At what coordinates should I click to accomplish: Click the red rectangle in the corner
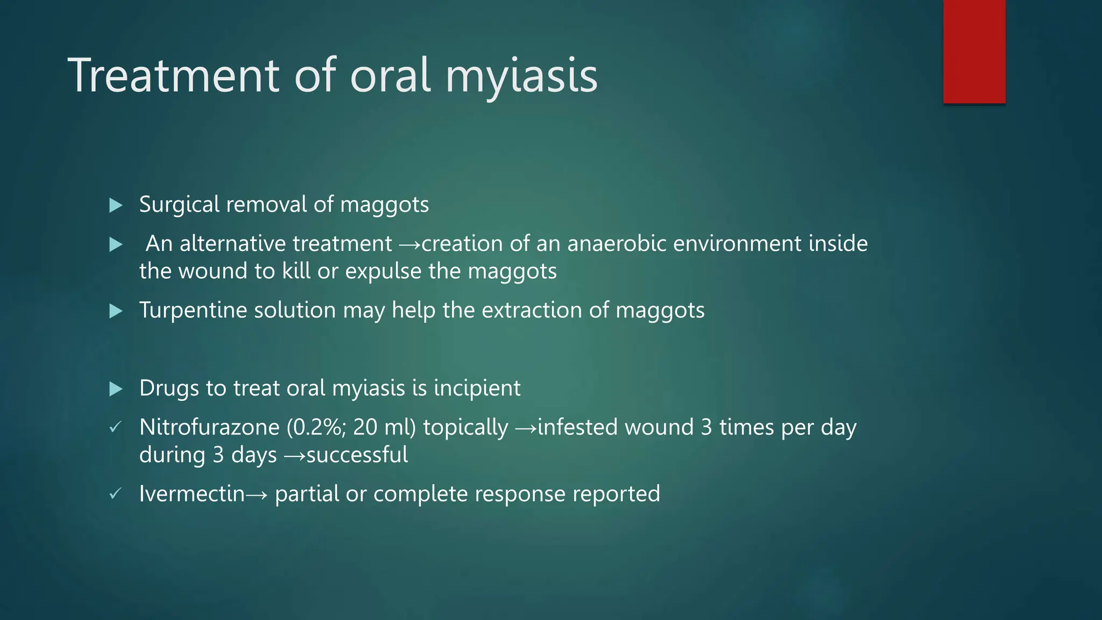(x=974, y=51)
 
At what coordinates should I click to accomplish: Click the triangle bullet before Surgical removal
(x=116, y=205)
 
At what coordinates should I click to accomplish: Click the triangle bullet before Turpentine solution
(x=116, y=311)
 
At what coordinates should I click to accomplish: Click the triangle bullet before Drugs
(x=116, y=389)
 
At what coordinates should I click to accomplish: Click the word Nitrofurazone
(x=209, y=427)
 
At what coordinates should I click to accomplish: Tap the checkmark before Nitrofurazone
(x=115, y=427)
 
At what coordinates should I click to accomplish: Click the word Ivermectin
(x=192, y=494)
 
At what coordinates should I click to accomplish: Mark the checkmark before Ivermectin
(x=115, y=494)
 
